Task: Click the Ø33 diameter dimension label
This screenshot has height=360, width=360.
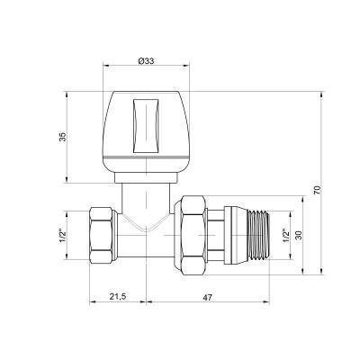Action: point(148,60)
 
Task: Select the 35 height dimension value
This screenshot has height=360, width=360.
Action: point(60,139)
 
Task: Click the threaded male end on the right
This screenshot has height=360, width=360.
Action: point(264,237)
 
